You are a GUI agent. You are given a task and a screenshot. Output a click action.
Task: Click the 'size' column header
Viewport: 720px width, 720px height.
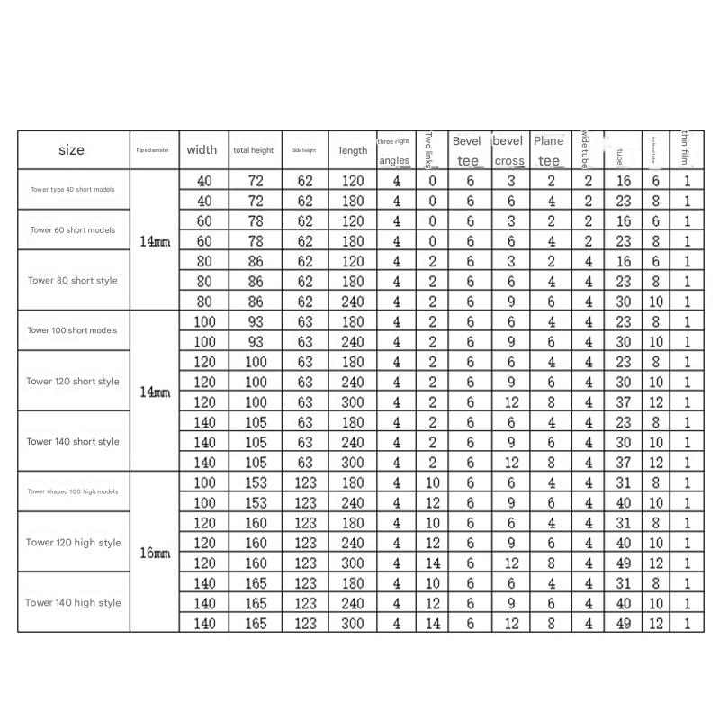[71, 150]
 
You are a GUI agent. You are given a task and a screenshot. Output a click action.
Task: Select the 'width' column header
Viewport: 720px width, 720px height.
[202, 150]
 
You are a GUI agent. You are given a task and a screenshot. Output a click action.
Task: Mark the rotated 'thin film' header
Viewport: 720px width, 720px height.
[687, 149]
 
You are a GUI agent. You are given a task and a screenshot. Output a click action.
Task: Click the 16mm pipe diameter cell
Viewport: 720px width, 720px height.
[155, 553]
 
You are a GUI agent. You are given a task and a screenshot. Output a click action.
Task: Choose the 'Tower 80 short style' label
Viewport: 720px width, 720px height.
[72, 280]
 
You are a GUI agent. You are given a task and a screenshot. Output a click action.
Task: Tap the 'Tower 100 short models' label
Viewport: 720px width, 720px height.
[72, 330]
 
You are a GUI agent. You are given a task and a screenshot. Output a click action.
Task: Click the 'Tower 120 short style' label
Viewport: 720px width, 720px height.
[72, 381]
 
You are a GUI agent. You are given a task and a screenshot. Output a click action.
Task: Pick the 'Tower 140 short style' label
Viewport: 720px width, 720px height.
[72, 441]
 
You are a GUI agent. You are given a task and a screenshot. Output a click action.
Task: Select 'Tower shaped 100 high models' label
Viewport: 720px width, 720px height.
[72, 491]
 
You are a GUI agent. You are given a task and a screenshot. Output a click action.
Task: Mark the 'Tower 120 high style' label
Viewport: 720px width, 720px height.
[72, 543]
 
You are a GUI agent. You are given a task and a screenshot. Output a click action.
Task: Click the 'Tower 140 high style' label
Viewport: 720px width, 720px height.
[72, 602]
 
